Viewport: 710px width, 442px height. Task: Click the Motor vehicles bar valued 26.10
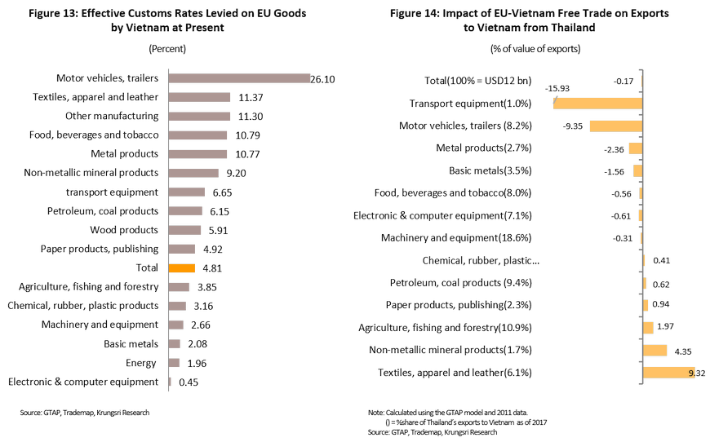click(237, 79)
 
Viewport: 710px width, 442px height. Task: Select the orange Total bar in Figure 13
click(181, 267)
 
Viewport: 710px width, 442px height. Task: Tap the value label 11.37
click(246, 98)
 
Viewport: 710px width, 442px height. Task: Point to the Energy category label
click(141, 362)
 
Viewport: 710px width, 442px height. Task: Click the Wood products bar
click(184, 230)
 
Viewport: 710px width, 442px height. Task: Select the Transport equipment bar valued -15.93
click(598, 103)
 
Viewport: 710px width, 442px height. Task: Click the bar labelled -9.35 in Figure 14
click(616, 126)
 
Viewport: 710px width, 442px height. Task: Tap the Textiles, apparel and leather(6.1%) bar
click(668, 373)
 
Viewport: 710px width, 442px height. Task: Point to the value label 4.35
click(683, 351)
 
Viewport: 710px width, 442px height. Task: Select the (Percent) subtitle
click(168, 49)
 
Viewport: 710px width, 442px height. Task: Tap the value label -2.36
click(614, 148)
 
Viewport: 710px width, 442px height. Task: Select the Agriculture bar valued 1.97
click(648, 328)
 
